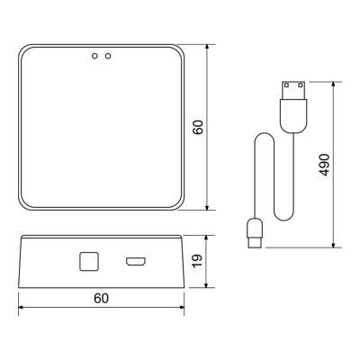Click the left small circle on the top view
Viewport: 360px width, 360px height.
[x=94, y=56]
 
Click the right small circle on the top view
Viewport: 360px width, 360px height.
[x=108, y=56]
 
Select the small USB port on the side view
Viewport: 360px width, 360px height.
[x=137, y=262]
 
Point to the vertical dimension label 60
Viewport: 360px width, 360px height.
[x=199, y=126]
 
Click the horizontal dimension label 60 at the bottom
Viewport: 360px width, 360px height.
[x=101, y=299]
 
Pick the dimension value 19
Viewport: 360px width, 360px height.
[x=199, y=262]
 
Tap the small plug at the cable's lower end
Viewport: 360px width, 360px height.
[x=254, y=231]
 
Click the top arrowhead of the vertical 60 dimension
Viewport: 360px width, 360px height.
[x=208, y=44]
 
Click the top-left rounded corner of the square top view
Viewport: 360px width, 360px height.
[x=24, y=47]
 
